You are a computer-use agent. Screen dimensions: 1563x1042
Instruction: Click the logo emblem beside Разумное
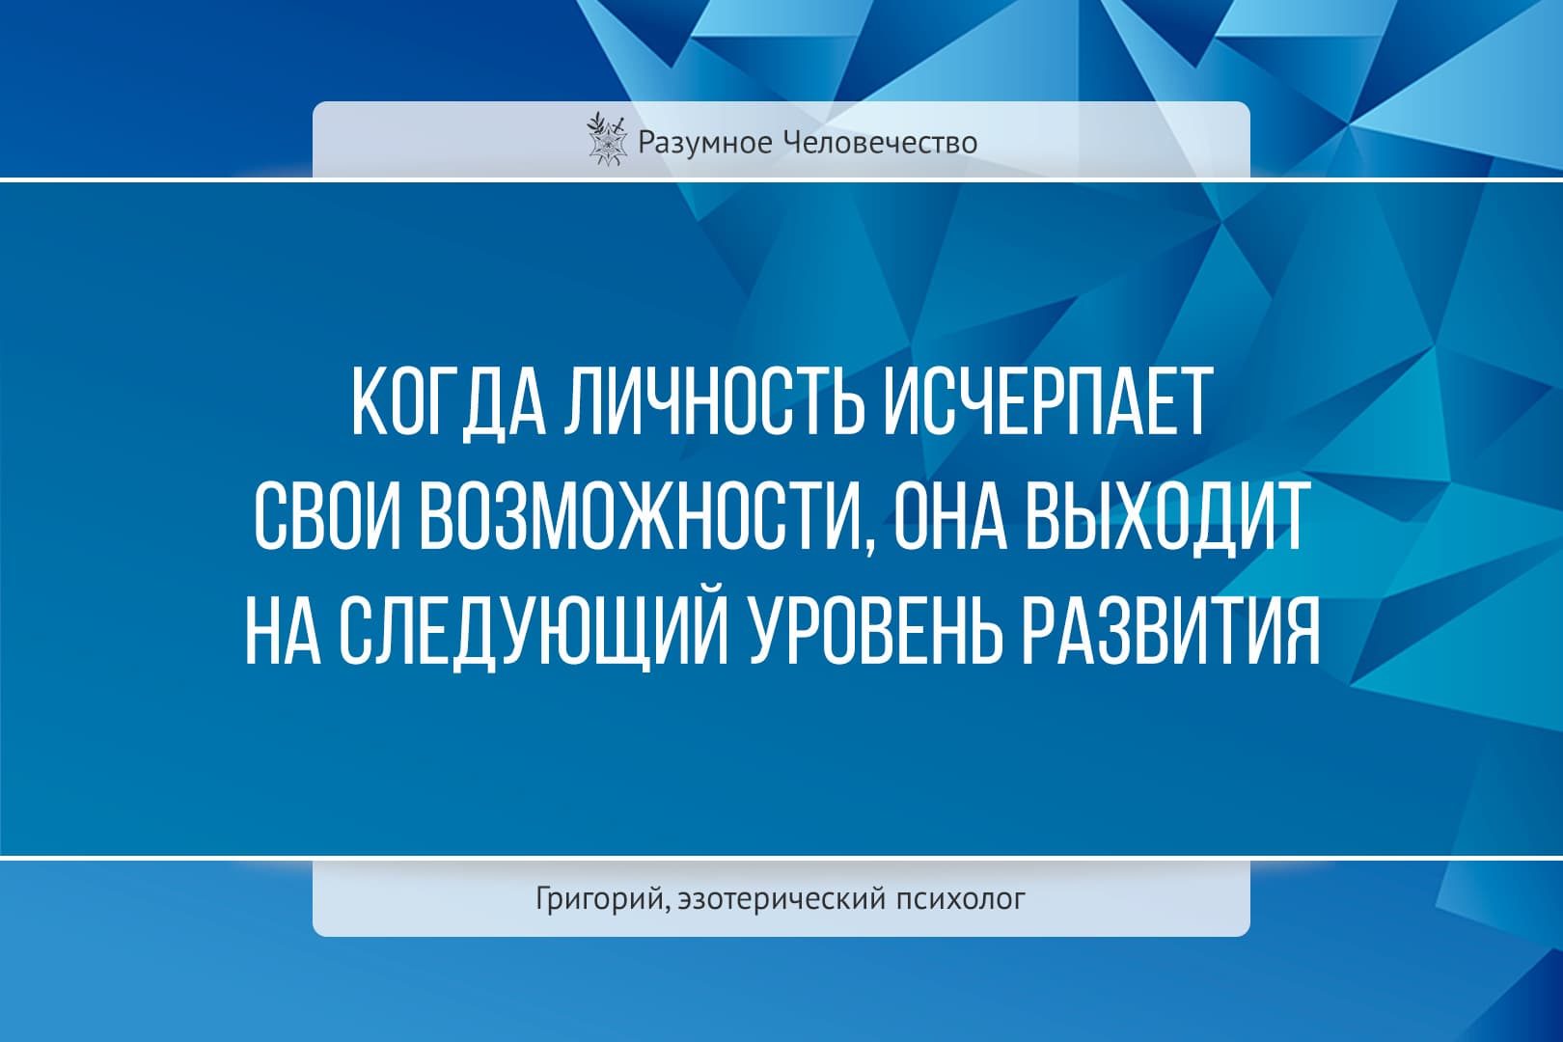point(604,140)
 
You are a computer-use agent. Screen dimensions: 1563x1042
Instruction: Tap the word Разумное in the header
point(705,143)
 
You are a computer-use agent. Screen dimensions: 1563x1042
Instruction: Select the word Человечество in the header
point(881,143)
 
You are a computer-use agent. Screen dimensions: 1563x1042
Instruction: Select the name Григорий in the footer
point(598,899)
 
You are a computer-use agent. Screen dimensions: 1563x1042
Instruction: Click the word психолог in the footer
point(961,899)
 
